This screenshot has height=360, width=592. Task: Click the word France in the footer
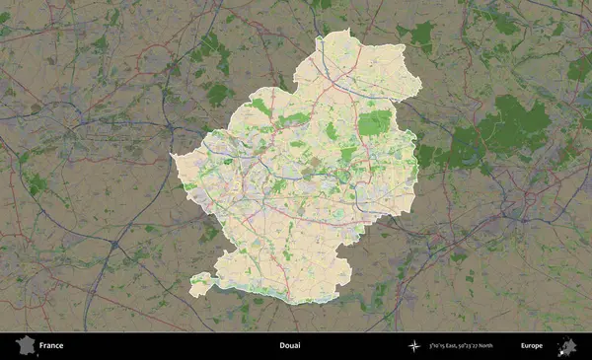51,346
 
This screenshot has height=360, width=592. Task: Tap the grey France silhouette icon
24,346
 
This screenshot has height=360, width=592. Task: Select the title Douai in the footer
289,346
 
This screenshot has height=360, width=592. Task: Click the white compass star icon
413,346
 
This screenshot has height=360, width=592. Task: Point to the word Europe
531,346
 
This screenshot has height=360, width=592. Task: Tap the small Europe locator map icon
567,346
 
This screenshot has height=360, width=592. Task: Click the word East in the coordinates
457,346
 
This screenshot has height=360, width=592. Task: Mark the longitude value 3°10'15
440,346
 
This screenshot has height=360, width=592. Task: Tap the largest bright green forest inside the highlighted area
374,122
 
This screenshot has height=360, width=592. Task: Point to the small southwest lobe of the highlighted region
200,284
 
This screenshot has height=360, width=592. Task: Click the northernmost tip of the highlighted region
347,32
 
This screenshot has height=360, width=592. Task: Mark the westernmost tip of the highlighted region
173,155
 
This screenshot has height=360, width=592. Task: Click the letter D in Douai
280,346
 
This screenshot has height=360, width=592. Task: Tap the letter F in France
42,346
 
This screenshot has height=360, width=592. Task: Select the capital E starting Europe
522,346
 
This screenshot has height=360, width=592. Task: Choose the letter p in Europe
537,347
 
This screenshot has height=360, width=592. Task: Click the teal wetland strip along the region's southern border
286,298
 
